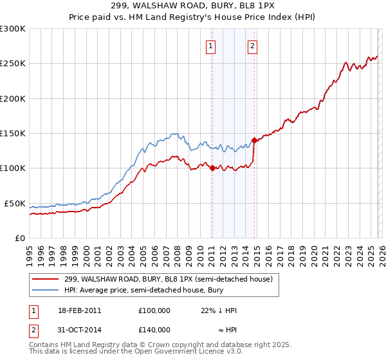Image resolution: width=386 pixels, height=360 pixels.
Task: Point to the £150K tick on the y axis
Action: [x=12, y=134]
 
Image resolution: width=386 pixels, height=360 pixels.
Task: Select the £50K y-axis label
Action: [x=14, y=203]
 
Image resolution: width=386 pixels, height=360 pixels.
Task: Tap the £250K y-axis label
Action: [x=12, y=64]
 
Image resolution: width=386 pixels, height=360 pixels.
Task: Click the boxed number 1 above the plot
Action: [x=211, y=46]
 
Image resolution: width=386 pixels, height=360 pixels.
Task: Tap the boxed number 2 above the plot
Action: [x=252, y=46]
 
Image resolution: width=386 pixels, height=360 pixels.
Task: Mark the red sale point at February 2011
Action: [x=212, y=168]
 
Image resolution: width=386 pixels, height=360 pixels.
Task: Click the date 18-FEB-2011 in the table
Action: [x=78, y=310]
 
